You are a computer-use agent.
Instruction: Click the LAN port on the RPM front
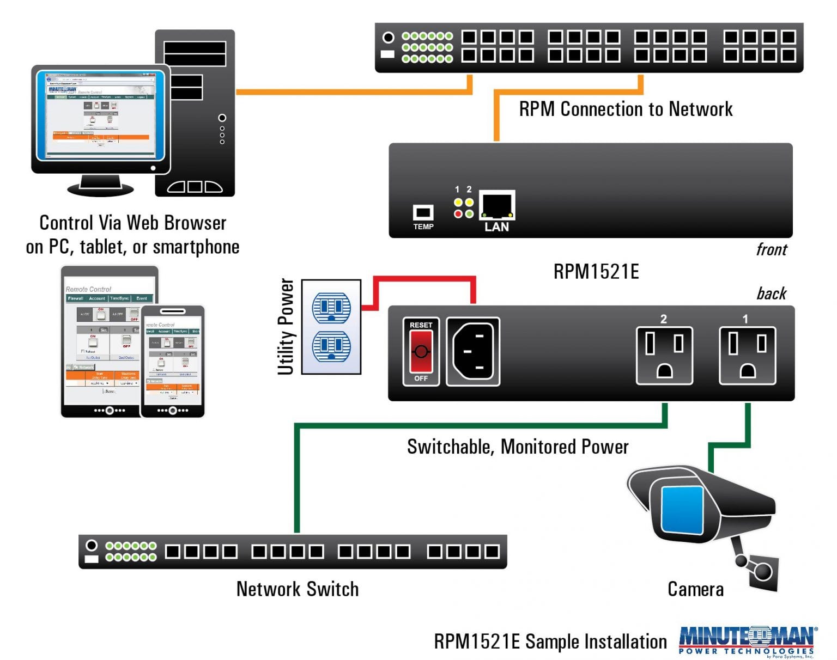click(x=496, y=205)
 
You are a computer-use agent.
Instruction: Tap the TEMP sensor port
click(x=423, y=212)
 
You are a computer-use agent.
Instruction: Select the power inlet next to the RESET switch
click(x=473, y=352)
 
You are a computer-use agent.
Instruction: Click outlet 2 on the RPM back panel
click(x=664, y=356)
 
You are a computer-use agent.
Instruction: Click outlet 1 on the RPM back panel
click(x=747, y=356)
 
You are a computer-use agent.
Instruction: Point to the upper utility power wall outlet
click(x=331, y=307)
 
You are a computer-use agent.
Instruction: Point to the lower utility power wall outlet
click(x=331, y=346)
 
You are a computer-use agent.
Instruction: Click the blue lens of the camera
click(x=682, y=510)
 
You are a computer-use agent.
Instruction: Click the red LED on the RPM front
click(x=458, y=214)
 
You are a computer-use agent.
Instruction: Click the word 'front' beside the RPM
click(x=771, y=249)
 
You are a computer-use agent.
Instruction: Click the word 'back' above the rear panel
click(x=771, y=294)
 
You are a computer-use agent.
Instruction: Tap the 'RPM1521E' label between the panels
click(x=596, y=271)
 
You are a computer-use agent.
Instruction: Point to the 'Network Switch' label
click(x=298, y=589)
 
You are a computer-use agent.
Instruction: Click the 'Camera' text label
click(x=695, y=589)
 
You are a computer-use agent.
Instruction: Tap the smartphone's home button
click(x=173, y=410)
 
